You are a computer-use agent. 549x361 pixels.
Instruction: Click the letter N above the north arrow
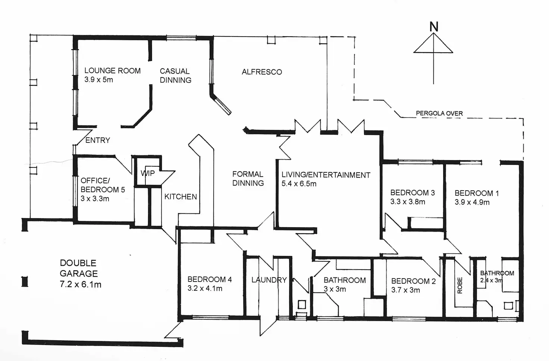pyautogui.click(x=433, y=26)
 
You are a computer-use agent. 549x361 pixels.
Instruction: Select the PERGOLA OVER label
pyautogui.click(x=439, y=113)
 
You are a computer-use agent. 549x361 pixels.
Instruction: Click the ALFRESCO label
pyautogui.click(x=262, y=72)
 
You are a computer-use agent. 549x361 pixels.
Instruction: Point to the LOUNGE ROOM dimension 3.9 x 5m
pyautogui.click(x=98, y=80)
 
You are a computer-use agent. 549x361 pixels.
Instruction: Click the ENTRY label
pyautogui.click(x=98, y=140)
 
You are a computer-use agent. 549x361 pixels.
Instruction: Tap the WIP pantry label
pyautogui.click(x=148, y=173)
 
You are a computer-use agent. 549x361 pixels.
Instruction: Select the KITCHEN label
pyautogui.click(x=181, y=197)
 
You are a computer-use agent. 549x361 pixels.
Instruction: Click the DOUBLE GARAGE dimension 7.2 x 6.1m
pyautogui.click(x=81, y=285)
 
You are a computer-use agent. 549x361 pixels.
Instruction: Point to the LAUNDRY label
pyautogui.click(x=269, y=280)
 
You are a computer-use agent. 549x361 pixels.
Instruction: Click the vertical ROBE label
pyautogui.click(x=459, y=285)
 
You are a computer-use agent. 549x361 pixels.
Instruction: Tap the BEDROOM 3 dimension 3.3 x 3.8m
pyautogui.click(x=408, y=202)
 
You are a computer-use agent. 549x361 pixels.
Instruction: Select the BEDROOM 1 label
pyautogui.click(x=477, y=193)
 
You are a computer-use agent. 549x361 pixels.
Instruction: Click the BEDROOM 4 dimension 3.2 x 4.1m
pyautogui.click(x=205, y=288)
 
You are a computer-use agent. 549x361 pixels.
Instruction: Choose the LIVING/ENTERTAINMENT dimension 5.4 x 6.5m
pyautogui.click(x=299, y=183)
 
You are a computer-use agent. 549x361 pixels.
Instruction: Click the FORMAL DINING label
pyautogui.click(x=248, y=179)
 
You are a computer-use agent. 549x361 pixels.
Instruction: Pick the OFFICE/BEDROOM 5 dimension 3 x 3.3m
pyautogui.click(x=95, y=199)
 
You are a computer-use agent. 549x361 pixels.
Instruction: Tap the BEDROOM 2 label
pyautogui.click(x=413, y=281)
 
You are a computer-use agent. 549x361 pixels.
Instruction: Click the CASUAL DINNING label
pyautogui.click(x=175, y=75)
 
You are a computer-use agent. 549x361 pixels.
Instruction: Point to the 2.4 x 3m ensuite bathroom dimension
pyautogui.click(x=492, y=280)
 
